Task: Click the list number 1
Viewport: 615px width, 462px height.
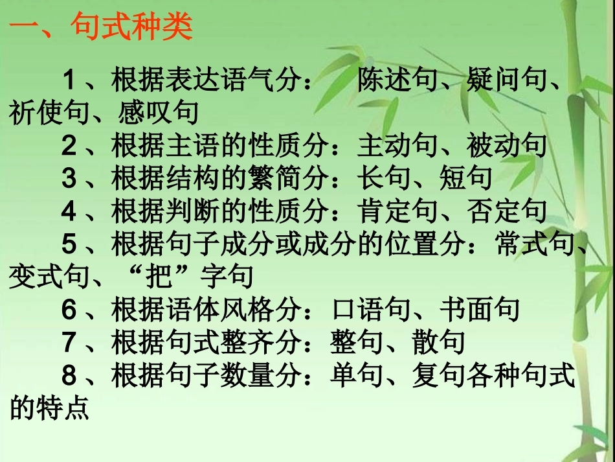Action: pos(69,82)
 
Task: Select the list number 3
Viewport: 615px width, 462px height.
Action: pos(69,178)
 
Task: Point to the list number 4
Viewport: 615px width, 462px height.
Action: pos(69,211)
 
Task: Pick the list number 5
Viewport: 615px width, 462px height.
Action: pos(69,244)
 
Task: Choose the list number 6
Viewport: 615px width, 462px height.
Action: pos(69,310)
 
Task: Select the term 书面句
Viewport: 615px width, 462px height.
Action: pos(480,310)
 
